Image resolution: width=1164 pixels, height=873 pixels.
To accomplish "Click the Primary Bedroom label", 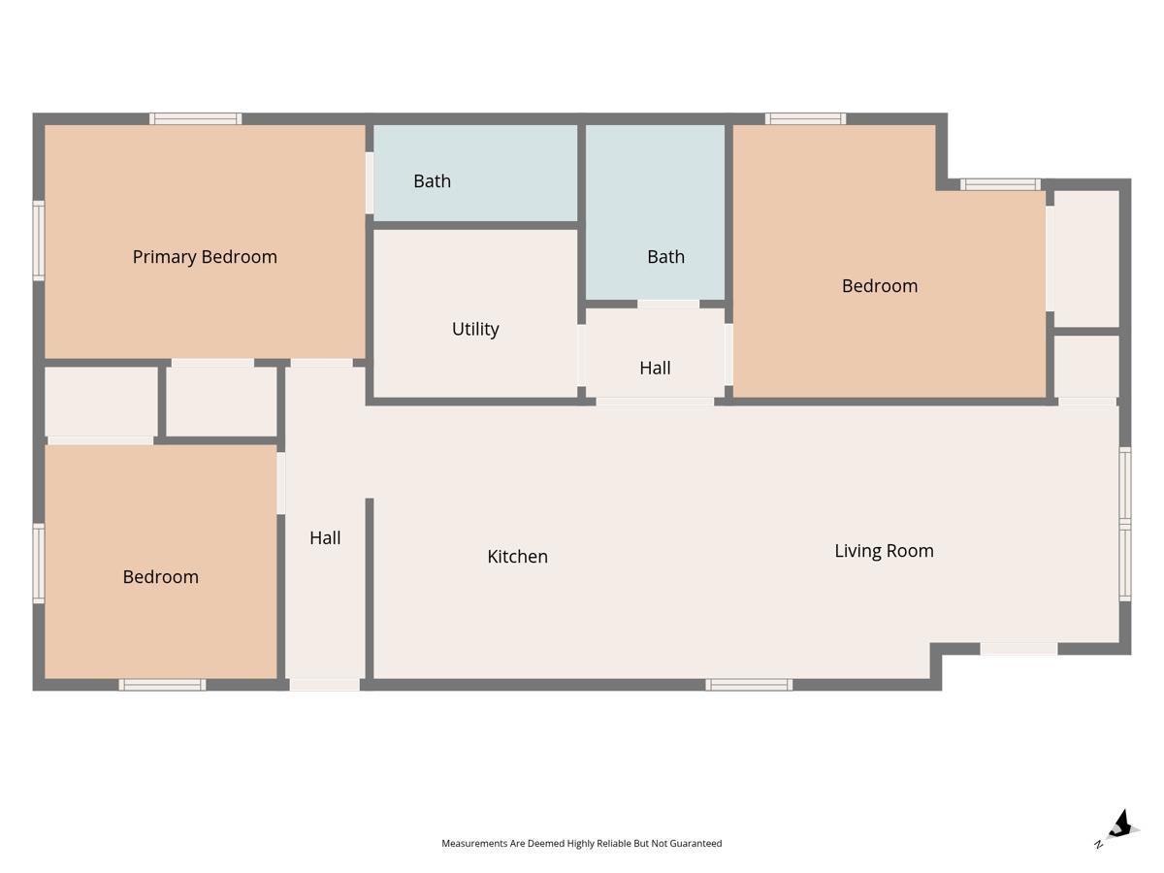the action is pyautogui.click(x=205, y=257).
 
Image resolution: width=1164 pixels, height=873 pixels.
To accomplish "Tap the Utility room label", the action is pyautogui.click(x=475, y=329).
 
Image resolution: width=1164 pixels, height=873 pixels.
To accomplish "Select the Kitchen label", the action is pyautogui.click(x=517, y=557).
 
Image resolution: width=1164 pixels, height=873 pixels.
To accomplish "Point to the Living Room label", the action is pyautogui.click(x=884, y=551).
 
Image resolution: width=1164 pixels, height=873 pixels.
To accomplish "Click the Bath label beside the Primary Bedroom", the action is pyautogui.click(x=433, y=181).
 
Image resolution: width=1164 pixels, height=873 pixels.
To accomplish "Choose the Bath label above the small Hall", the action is pyautogui.click(x=665, y=257).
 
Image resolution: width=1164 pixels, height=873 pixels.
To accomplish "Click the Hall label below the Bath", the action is pyautogui.click(x=655, y=368).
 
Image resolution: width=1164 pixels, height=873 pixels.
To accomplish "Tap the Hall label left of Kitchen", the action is pyautogui.click(x=325, y=538).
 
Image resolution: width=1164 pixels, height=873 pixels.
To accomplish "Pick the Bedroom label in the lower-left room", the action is pyautogui.click(x=161, y=577).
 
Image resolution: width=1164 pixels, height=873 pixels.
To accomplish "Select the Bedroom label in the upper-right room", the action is pyautogui.click(x=880, y=286).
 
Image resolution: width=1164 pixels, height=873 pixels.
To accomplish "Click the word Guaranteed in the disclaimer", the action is pyautogui.click(x=695, y=843).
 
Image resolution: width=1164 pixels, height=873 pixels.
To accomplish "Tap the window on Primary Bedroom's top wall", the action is pyautogui.click(x=195, y=118).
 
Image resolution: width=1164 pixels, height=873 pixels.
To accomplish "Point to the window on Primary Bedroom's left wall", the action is pyautogui.click(x=39, y=241).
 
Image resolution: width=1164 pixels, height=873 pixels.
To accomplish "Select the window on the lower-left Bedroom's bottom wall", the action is pyautogui.click(x=162, y=685).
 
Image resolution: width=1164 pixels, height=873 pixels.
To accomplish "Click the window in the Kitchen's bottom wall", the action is pyautogui.click(x=749, y=685).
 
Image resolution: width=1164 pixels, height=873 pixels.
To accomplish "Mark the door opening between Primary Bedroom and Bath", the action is pyautogui.click(x=370, y=183).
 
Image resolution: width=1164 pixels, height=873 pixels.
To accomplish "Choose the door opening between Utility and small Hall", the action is pyautogui.click(x=582, y=355).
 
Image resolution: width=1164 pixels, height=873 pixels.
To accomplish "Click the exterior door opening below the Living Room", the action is pyautogui.click(x=1018, y=649).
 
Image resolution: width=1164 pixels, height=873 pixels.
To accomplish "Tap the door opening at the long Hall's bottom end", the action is pyautogui.click(x=325, y=685).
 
